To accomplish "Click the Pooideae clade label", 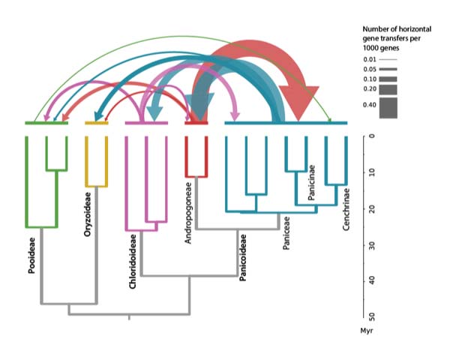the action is [31, 256].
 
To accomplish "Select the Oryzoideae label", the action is [87, 214].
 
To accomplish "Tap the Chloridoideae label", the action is [133, 262].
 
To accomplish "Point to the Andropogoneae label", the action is [188, 213].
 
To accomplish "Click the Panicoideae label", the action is [243, 257].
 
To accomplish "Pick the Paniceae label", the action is [286, 232].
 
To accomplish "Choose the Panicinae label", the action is [311, 182].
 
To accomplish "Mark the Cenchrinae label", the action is [346, 209].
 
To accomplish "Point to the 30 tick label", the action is [372, 246].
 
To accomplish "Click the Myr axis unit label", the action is [367, 330].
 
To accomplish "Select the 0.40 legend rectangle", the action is [388, 108].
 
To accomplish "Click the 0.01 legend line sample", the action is [388, 59].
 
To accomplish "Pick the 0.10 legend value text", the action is [370, 79].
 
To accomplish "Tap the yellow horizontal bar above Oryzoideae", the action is [97, 123].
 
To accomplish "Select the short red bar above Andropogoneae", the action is [196, 123].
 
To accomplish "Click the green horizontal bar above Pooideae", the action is [46, 123].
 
